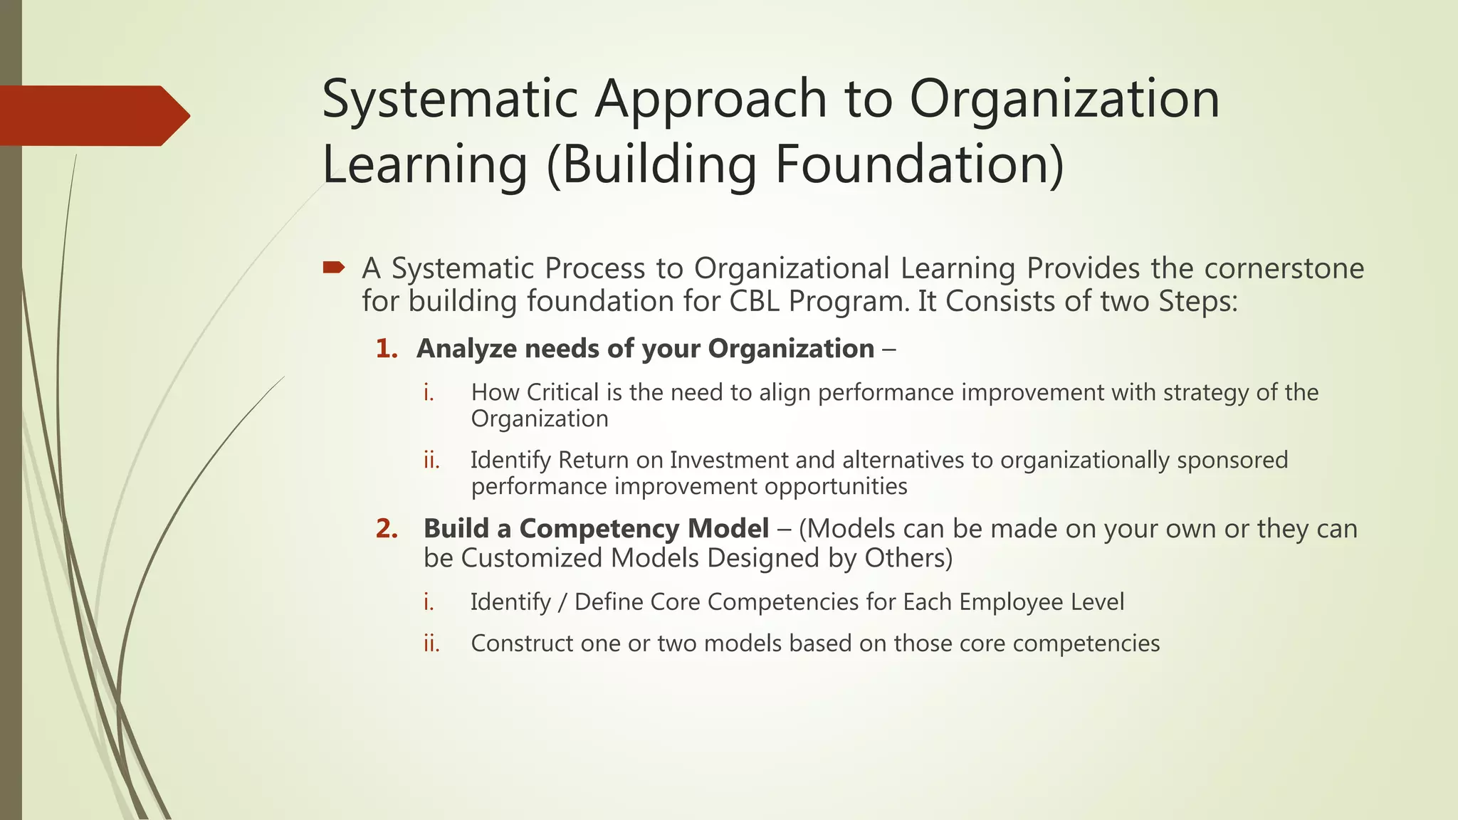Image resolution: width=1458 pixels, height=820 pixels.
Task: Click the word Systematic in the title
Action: (x=449, y=99)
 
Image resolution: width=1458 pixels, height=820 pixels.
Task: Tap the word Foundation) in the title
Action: (x=919, y=164)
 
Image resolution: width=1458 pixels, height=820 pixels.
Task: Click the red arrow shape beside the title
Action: (x=93, y=116)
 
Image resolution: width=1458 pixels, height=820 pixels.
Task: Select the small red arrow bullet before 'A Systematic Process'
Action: (x=333, y=268)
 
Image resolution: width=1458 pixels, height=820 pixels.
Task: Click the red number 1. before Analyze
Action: (x=387, y=349)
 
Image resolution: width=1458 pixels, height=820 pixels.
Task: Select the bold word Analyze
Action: (x=466, y=349)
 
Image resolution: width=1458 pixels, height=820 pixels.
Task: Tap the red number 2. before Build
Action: (x=387, y=529)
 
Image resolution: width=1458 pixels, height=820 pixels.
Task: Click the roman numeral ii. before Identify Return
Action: (x=431, y=461)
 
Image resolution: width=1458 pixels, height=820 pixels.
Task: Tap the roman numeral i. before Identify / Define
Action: (x=429, y=602)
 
